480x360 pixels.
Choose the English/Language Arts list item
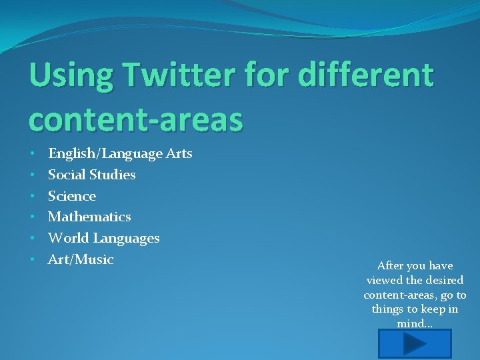tap(120, 154)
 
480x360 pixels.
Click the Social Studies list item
tap(91, 175)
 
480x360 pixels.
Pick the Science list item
tap(72, 196)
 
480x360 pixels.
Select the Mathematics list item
tap(89, 217)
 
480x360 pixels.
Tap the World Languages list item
tap(103, 238)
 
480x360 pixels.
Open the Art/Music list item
tap(81, 259)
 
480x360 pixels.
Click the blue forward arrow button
tap(415, 344)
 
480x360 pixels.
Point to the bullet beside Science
tap(33, 196)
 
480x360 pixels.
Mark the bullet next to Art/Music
tap(33, 259)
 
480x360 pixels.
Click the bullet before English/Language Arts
tap(33, 154)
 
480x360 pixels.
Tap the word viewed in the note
tap(384, 280)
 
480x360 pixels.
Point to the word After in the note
tap(390, 265)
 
